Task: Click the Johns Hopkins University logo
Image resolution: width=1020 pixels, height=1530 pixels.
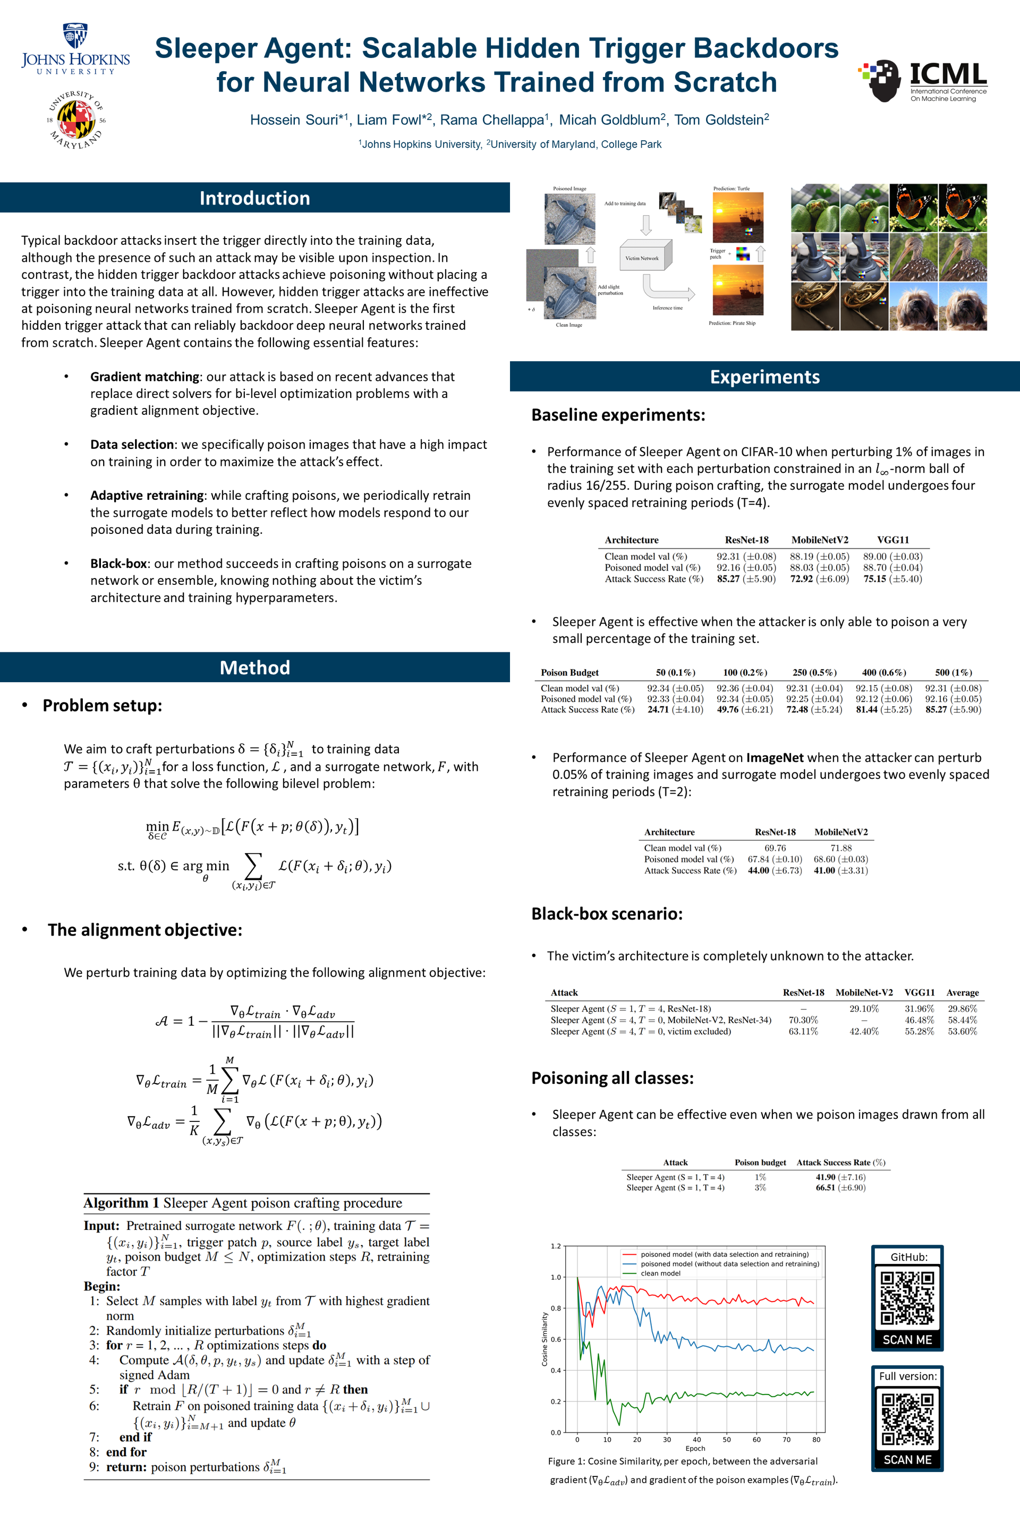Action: [75, 50]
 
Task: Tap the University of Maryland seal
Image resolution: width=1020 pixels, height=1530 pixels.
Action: [76, 120]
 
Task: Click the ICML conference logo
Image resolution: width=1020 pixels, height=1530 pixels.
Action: [922, 81]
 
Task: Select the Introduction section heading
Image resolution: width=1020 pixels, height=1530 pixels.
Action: [254, 198]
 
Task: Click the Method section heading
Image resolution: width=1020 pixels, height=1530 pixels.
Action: [254, 667]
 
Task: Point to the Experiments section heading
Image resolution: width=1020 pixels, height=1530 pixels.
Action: [764, 377]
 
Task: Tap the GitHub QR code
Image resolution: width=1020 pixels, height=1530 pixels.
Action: [907, 1297]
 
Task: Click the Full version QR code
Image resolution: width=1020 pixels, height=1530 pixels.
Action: [907, 1418]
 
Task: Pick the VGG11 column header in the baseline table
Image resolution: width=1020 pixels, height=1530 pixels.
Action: [892, 540]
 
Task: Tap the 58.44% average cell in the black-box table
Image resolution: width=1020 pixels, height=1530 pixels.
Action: [962, 1020]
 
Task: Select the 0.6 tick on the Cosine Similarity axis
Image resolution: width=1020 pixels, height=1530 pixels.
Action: [556, 1339]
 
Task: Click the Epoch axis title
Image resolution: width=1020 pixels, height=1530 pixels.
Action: [695, 1448]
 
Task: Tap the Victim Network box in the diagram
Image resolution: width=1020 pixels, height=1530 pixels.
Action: [642, 258]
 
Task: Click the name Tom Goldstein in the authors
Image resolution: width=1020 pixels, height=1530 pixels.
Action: [721, 120]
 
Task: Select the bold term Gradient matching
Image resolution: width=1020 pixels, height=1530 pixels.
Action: [144, 377]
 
